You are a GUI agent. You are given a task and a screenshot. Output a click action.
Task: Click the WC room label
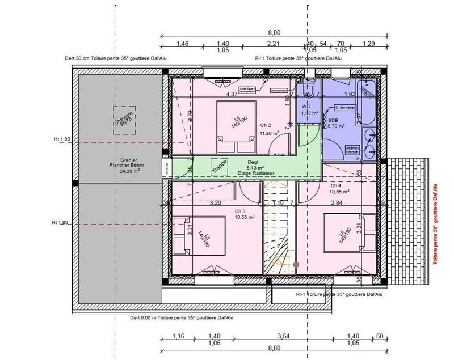[x=306, y=107]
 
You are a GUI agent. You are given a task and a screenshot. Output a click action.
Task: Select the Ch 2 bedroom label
[x=266, y=125]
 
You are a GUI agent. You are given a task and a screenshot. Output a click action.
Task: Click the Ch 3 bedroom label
[x=240, y=210]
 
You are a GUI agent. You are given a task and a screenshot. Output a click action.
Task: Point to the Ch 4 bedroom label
[x=336, y=185]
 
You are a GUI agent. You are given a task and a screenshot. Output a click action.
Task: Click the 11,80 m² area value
[x=269, y=133]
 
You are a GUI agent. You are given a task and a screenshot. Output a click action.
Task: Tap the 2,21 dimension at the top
[x=274, y=44]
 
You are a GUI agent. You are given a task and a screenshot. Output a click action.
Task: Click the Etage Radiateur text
[x=257, y=173]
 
